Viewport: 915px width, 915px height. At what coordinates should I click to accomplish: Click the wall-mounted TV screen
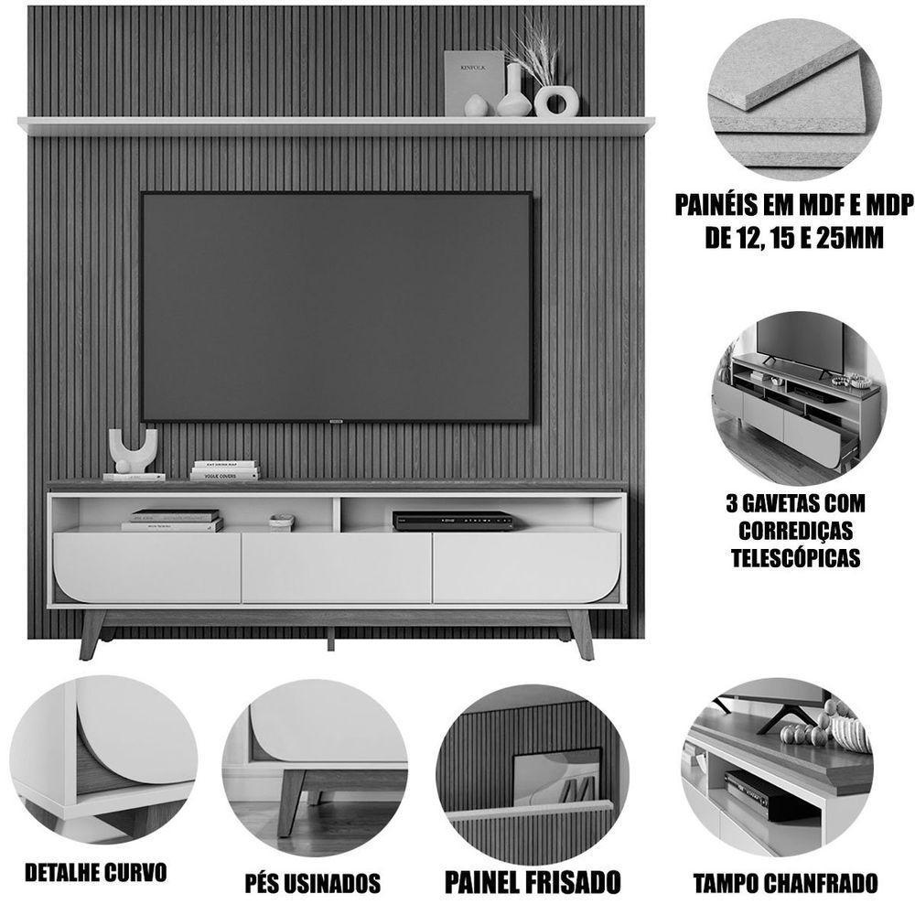tap(336, 307)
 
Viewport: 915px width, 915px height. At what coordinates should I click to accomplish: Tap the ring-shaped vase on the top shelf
tap(556, 101)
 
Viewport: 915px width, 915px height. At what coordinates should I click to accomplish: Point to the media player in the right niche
tap(453, 520)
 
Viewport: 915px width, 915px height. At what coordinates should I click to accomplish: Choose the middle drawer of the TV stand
tap(336, 567)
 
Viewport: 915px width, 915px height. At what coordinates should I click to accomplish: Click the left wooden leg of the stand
tap(92, 633)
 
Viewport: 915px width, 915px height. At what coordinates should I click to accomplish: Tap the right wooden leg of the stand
tap(580, 633)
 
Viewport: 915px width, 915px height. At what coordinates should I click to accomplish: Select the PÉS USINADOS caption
tap(313, 883)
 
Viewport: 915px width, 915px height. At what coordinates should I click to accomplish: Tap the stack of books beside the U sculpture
tap(224, 470)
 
